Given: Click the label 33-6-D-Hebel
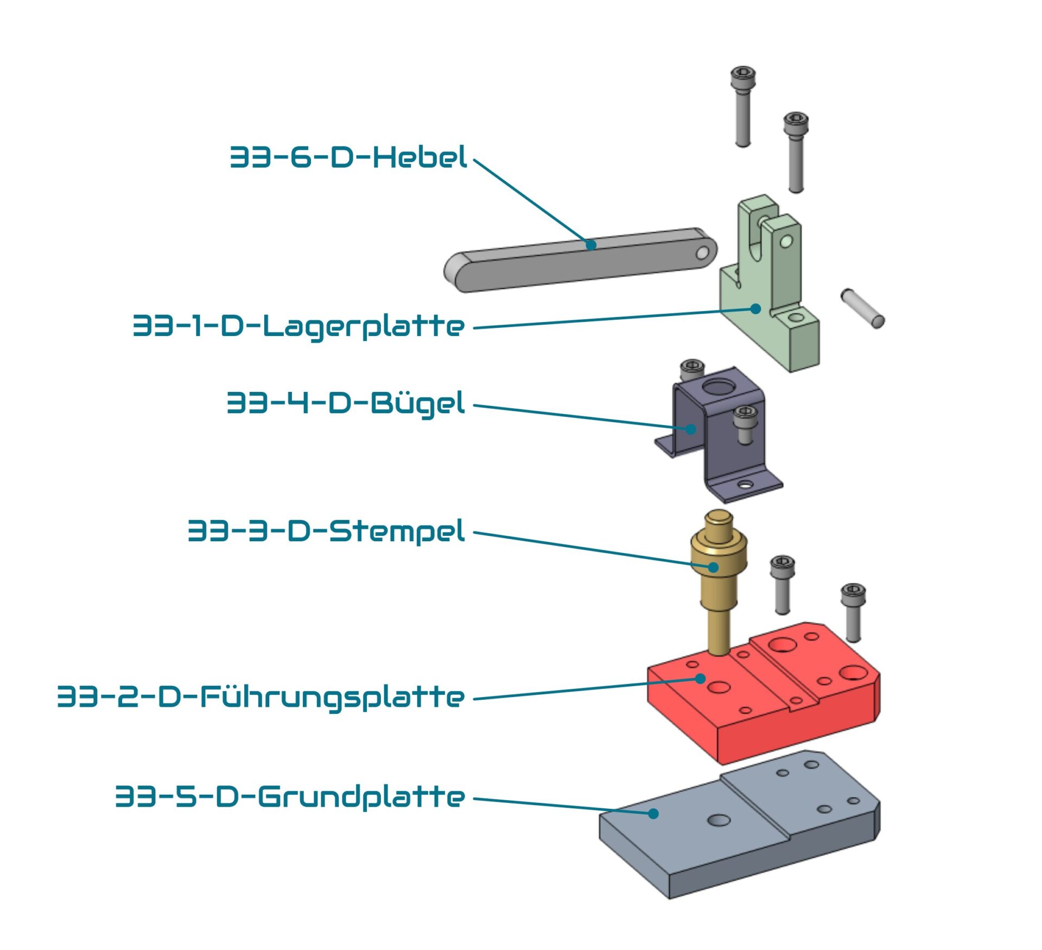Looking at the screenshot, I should tap(348, 157).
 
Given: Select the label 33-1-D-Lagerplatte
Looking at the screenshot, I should tap(298, 326).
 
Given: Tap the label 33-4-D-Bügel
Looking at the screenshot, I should tap(346, 403).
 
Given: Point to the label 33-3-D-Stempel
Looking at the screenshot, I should tap(326, 531).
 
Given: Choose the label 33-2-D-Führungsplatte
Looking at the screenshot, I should tap(261, 697).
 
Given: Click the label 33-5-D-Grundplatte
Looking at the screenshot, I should tap(290, 797).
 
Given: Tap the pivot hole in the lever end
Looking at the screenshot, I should tap(702, 253).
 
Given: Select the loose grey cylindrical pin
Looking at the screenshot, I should tap(862, 308).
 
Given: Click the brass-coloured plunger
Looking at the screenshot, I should tap(717, 586).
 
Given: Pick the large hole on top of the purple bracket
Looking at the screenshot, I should tap(719, 387).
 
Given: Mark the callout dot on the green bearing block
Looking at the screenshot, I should tap(755, 308).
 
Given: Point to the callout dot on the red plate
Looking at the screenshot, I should tap(701, 679).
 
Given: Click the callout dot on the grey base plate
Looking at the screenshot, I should tap(653, 813).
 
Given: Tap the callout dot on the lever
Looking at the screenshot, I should tap(591, 245).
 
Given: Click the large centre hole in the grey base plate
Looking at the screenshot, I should tap(719, 820).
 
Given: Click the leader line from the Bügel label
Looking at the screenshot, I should tap(581, 417).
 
